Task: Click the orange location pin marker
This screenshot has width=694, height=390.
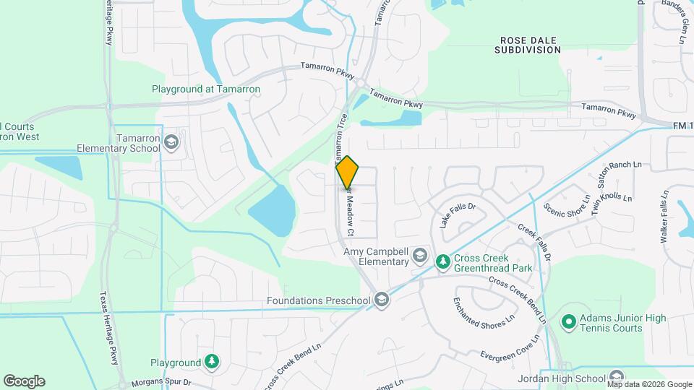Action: click(x=348, y=172)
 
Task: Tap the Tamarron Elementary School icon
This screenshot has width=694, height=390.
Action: click(x=171, y=142)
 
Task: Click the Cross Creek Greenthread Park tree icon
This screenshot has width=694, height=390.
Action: click(x=442, y=260)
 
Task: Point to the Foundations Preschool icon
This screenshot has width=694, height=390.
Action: click(x=382, y=300)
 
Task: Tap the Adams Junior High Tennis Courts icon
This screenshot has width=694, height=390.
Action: click(x=569, y=321)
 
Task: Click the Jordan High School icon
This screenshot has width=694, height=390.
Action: click(x=616, y=378)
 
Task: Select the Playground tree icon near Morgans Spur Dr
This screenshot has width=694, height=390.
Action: click(x=211, y=362)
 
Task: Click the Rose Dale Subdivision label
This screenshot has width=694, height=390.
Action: click(x=528, y=45)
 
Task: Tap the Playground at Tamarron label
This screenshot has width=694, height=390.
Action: click(x=206, y=90)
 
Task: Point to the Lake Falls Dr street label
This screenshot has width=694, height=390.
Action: click(x=458, y=215)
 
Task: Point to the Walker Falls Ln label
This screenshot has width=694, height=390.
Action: click(x=664, y=217)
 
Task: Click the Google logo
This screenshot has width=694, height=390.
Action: click(x=24, y=381)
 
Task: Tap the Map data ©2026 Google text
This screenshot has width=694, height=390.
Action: click(x=649, y=384)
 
